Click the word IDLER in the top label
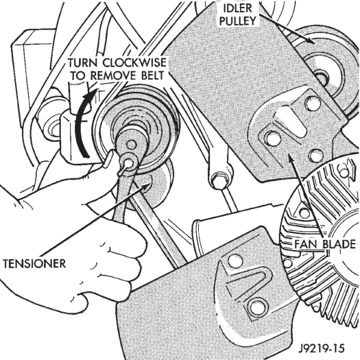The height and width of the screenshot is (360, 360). pos(238,8)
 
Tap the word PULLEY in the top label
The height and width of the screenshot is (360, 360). pos(238,21)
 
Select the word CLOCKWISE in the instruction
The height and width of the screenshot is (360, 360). pos(134,62)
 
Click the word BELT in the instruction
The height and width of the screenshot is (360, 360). pos(152,75)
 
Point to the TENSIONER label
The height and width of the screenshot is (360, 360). pos(34,263)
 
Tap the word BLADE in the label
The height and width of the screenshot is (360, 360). pos(339,244)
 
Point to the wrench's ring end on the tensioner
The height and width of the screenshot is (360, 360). pos(128,163)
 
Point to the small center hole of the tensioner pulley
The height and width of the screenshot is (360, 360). pos(131,145)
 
